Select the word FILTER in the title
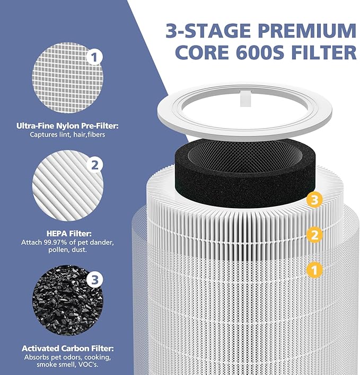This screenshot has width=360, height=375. (329, 52)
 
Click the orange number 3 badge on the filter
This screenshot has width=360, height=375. (314, 200)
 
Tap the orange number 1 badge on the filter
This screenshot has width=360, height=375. (314, 270)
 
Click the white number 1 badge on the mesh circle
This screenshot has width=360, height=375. (94, 56)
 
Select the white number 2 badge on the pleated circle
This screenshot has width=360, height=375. (94, 165)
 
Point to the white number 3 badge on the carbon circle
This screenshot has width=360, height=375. (94, 279)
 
